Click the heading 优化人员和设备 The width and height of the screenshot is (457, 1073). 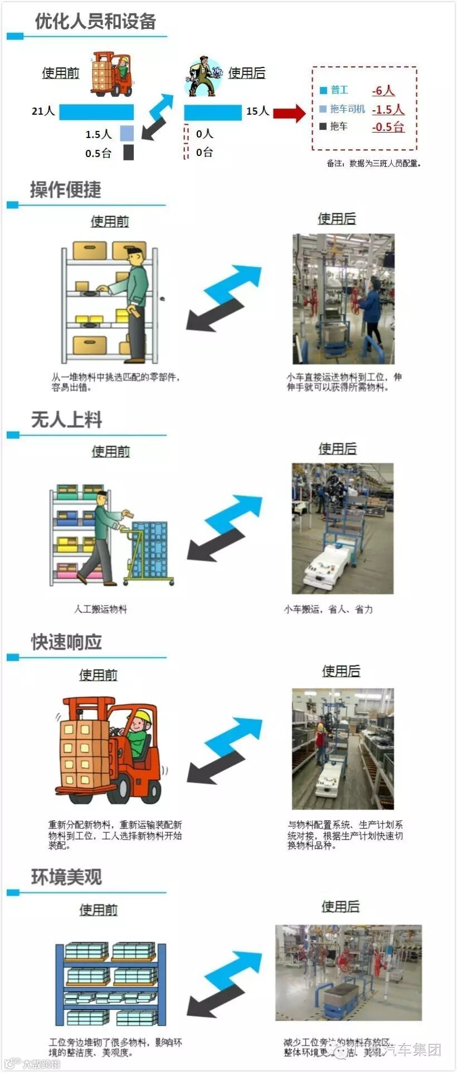[x=95, y=22]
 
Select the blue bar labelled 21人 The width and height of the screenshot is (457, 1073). [x=96, y=112]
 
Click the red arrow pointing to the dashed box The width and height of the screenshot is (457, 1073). [x=289, y=113]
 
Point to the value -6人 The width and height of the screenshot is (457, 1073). [x=383, y=91]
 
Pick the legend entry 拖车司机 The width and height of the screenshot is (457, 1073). [x=347, y=109]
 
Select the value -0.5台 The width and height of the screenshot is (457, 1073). [x=388, y=127]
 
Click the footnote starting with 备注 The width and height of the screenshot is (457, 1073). [x=373, y=164]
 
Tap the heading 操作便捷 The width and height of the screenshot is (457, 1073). [x=66, y=190]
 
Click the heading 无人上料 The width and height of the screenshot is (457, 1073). [x=66, y=420]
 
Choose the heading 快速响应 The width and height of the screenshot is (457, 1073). [x=66, y=642]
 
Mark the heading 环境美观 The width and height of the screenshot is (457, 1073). [x=66, y=877]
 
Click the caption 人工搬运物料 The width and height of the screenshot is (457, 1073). [x=100, y=609]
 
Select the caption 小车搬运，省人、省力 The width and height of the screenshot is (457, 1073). [x=328, y=609]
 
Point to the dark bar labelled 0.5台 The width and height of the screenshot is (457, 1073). [x=128, y=153]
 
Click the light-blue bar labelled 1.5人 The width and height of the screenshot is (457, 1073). [x=127, y=133]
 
